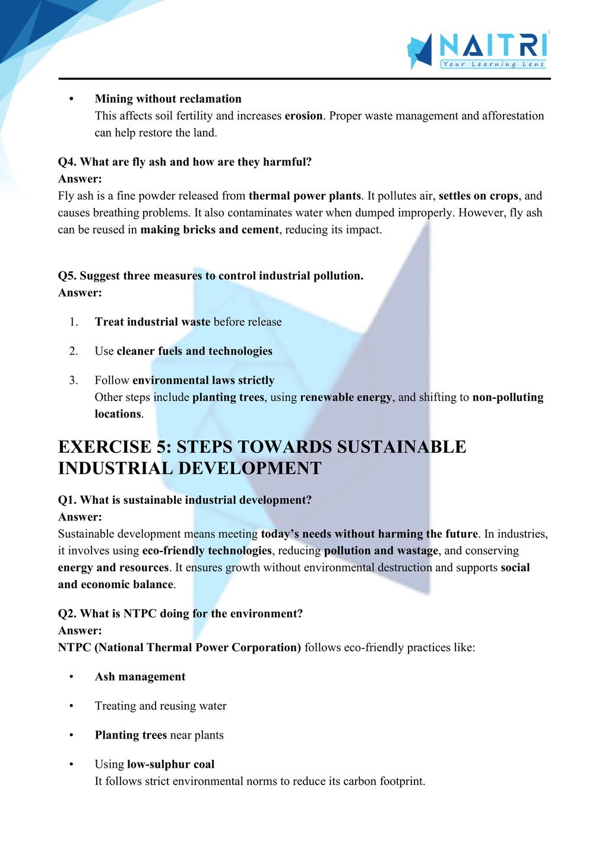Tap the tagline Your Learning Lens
tap(493, 64)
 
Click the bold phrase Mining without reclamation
tap(168, 99)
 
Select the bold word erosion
tap(303, 116)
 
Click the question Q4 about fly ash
tap(185, 162)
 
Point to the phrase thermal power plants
tap(305, 195)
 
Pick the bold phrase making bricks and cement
tap(210, 229)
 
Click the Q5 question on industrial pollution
tap(211, 276)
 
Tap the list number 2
tap(74, 351)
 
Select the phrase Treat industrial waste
tap(153, 322)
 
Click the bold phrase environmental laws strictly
tap(204, 380)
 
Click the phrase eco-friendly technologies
tap(207, 551)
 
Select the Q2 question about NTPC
tap(180, 613)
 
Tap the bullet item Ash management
tap(140, 677)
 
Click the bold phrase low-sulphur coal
tap(171, 764)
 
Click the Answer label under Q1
tap(80, 517)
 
